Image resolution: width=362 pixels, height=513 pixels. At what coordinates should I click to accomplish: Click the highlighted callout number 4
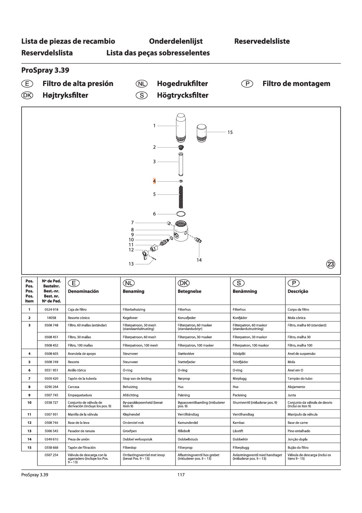pyautogui.click(x=154, y=181)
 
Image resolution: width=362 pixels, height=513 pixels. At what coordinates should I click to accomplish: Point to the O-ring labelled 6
pyautogui.click(x=181, y=214)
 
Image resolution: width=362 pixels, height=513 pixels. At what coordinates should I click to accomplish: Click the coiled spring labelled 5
pyautogui.click(x=181, y=196)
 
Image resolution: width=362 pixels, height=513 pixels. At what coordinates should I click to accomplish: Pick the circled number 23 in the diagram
pyautogui.click(x=331, y=264)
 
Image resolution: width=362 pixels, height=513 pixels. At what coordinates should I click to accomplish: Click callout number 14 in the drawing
pyautogui.click(x=199, y=260)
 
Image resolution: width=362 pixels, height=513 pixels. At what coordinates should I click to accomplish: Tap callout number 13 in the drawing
pyautogui.click(x=131, y=264)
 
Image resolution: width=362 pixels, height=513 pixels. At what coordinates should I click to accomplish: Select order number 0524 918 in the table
pyautogui.click(x=51, y=309)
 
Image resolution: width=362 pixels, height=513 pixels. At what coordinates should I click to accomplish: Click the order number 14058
pyautogui.click(x=51, y=318)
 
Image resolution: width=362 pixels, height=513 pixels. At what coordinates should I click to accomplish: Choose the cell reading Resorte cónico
pyautogui.click(x=79, y=318)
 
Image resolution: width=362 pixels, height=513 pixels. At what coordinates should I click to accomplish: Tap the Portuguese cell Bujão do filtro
pyautogui.click(x=298, y=447)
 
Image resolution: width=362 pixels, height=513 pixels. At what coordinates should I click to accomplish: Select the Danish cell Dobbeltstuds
pyautogui.click(x=188, y=439)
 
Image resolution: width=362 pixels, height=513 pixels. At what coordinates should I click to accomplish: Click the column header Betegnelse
pyautogui.click(x=190, y=291)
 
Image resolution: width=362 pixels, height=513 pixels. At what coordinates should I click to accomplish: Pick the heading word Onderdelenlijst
pyautogui.click(x=176, y=41)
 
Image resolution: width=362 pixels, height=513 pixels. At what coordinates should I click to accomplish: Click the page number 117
pyautogui.click(x=181, y=475)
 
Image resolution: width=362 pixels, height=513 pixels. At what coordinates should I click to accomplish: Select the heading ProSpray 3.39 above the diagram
pyautogui.click(x=45, y=70)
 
